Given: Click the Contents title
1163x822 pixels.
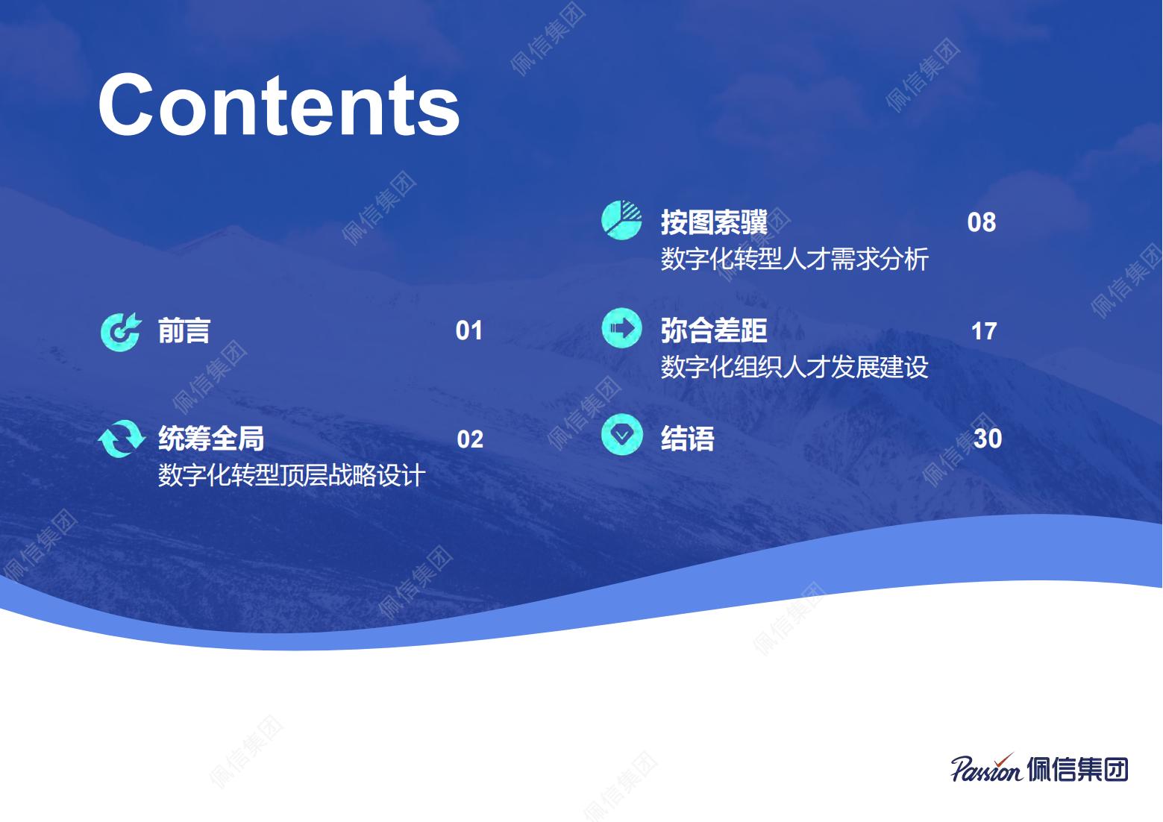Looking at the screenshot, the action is click(x=279, y=105).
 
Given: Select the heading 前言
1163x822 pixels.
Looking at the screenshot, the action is click(x=184, y=330).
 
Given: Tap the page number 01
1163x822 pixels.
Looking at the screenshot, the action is click(x=468, y=330).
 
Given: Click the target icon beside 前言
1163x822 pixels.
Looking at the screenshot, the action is click(x=120, y=332).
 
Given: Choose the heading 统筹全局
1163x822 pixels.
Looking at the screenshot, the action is click(x=211, y=439).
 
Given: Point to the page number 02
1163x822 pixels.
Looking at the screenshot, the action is click(x=470, y=439).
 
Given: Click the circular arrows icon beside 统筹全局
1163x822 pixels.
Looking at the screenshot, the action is click(x=121, y=439).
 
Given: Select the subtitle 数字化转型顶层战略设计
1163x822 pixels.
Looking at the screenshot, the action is click(x=291, y=475).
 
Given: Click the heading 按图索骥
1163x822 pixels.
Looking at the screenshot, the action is click(x=714, y=222).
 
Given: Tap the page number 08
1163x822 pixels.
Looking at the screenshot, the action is click(x=981, y=222).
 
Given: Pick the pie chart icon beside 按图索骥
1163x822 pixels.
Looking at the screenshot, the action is click(x=621, y=220).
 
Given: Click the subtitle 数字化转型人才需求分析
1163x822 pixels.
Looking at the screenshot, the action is click(x=794, y=259).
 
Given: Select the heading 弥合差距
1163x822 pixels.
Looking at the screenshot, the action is click(x=714, y=330).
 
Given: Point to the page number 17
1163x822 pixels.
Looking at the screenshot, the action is click(x=984, y=331).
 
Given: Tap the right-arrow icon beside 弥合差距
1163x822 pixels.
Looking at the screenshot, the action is click(x=621, y=328).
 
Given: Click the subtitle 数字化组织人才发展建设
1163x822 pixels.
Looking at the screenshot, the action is click(x=794, y=367).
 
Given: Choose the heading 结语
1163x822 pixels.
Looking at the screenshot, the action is click(x=687, y=439).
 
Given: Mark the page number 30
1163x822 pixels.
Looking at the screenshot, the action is click(x=988, y=439).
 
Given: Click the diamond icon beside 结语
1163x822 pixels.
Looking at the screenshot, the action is click(x=622, y=435).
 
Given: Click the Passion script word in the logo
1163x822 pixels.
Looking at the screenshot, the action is click(x=986, y=768).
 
